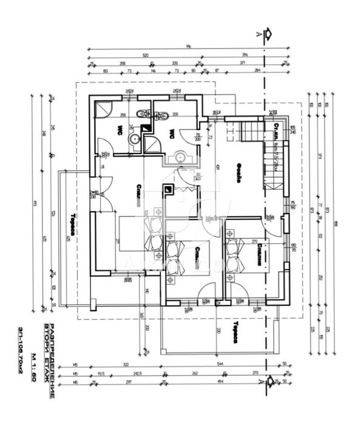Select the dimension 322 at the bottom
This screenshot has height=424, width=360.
[126, 365]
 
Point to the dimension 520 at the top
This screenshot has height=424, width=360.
[146, 55]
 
